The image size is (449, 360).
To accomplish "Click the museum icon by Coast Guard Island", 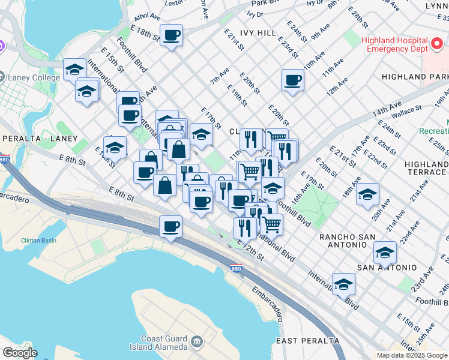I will pos(196,342).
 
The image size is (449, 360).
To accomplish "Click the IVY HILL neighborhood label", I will pos(259,32).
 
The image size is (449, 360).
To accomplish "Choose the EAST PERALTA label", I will pos(308,341).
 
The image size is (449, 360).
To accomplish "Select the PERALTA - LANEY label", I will pos(40,139).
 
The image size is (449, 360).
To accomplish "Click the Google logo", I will pos(20,353).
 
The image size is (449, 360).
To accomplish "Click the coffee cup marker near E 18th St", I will pos(172,35).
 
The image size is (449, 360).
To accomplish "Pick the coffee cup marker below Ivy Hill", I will pos(293,80).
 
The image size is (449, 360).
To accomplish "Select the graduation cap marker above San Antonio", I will pos(385,252).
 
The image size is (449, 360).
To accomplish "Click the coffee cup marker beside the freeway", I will pos(171,226).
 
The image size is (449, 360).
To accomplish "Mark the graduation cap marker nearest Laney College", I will pos(74,70).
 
